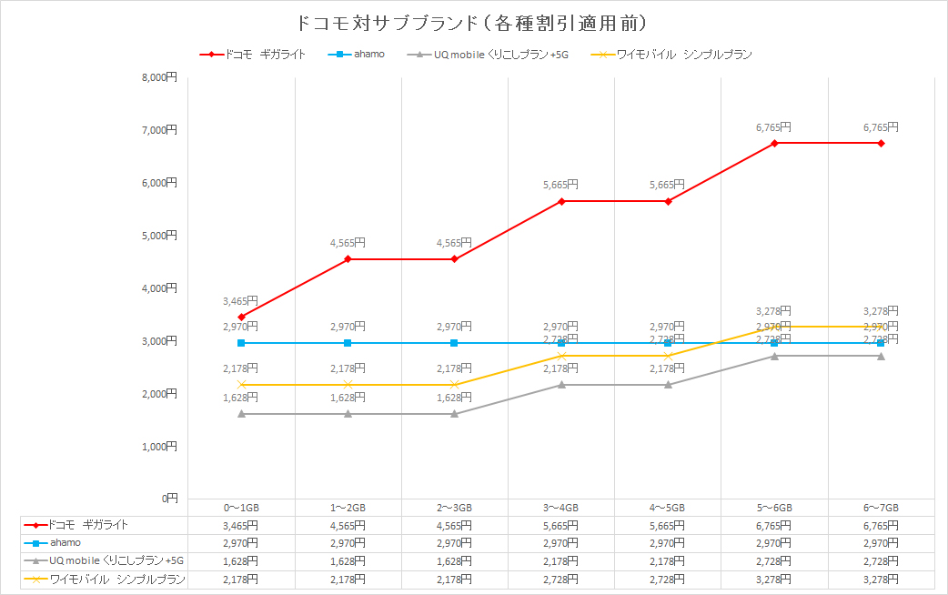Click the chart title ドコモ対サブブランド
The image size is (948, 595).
tap(473, 21)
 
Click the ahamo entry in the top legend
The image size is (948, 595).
tap(369, 55)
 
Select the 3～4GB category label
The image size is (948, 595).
tap(561, 508)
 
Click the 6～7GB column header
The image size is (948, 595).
tap(881, 508)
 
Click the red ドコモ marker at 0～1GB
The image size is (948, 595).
tap(241, 317)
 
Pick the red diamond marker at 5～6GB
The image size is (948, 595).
tap(774, 143)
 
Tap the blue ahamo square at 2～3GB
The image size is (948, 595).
tap(454, 343)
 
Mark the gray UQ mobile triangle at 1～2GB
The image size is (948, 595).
tap(348, 414)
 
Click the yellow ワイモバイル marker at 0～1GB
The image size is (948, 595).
tap(241, 385)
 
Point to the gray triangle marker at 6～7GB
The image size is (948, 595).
tap(881, 356)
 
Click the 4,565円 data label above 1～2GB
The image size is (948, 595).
tap(348, 243)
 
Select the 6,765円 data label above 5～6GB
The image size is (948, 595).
tap(773, 127)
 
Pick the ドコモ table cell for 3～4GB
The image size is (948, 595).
tap(561, 526)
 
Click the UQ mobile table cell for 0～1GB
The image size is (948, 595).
tap(241, 561)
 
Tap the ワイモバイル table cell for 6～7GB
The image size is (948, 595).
tap(881, 580)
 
